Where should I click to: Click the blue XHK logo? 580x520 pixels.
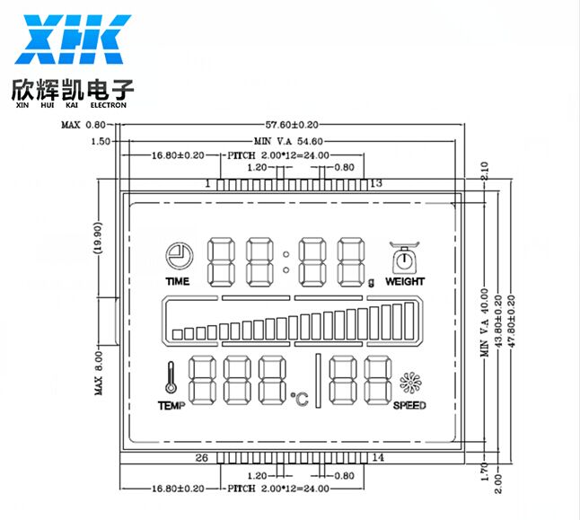(73, 40)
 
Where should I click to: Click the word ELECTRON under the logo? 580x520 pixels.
(109, 105)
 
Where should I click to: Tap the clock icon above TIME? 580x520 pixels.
(179, 255)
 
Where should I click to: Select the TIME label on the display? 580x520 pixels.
(178, 282)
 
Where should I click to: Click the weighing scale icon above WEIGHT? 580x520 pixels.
(404, 257)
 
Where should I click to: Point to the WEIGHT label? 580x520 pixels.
(405, 282)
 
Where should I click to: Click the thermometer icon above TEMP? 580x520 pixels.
(171, 377)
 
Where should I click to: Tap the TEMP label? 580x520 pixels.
(171, 406)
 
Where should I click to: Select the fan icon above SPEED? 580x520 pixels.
(410, 383)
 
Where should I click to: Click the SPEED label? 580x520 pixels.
(409, 406)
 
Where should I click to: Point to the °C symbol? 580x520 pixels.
(300, 399)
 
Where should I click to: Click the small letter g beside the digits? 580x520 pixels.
(371, 283)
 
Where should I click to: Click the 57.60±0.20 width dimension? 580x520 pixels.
(292, 125)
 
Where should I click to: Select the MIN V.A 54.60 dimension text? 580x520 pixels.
(288, 141)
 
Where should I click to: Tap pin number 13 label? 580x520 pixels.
(376, 183)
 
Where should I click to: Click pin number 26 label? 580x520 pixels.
(202, 458)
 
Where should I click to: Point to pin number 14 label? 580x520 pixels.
(378, 457)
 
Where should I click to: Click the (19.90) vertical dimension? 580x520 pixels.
(98, 238)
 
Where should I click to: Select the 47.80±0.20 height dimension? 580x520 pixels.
(512, 322)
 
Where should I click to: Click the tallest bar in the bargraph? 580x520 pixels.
(409, 322)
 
